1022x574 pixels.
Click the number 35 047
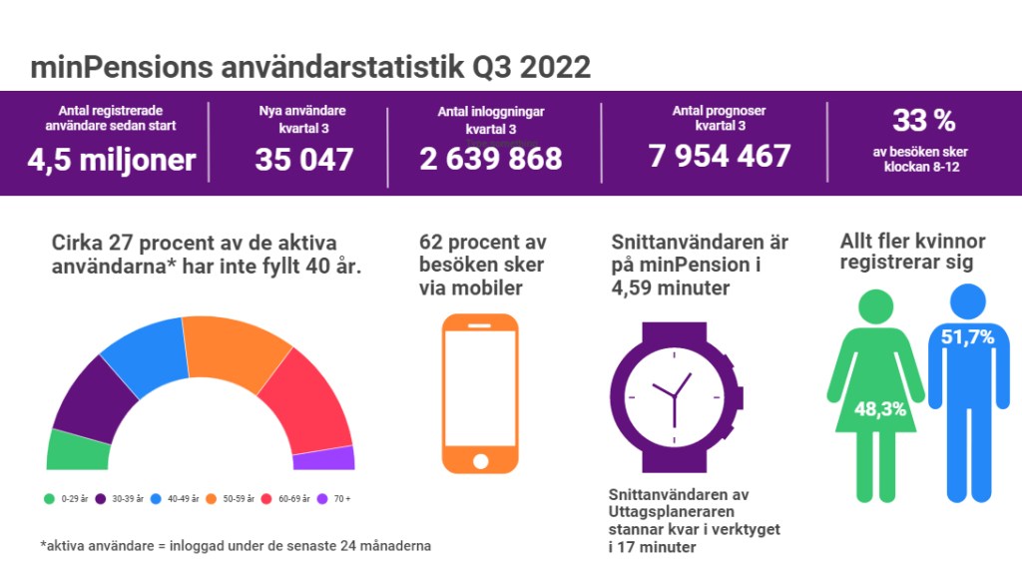pos(304,159)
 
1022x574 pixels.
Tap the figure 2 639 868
pos(491,159)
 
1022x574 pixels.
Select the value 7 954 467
pos(719,156)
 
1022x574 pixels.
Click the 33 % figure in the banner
pos(923,121)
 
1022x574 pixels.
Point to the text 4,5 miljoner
pos(112,160)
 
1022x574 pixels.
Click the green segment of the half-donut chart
pos(76,450)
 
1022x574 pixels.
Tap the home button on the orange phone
pos(480,461)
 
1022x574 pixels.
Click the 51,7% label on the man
pos(967,337)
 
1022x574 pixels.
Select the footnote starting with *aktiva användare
pos(236,546)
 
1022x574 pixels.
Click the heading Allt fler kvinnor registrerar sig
pos(912,253)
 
